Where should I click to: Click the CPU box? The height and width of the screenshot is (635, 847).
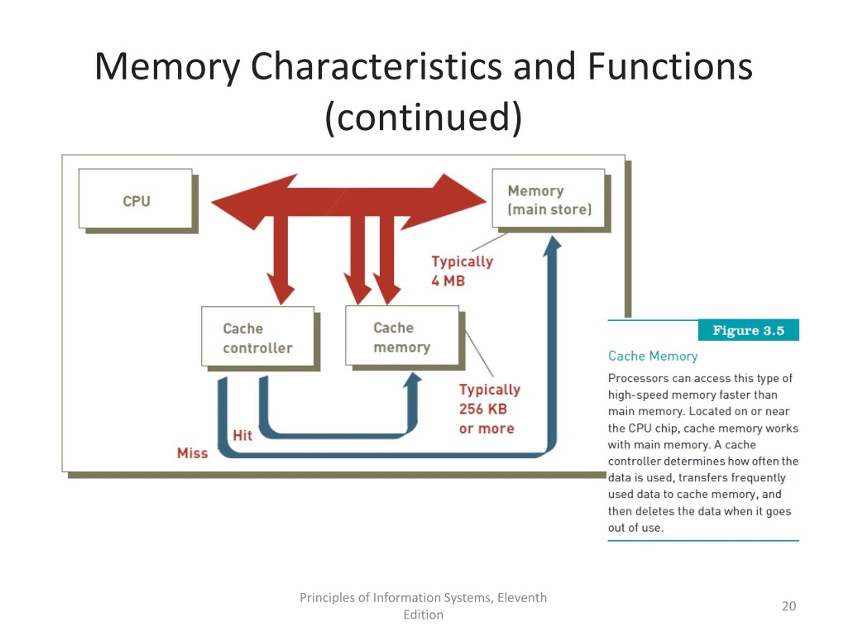pyautogui.click(x=136, y=198)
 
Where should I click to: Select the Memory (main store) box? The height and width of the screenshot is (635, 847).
pyautogui.click(x=548, y=198)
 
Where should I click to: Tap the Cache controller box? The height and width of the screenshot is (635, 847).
pyautogui.click(x=258, y=336)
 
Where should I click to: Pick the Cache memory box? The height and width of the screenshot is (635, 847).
pyautogui.click(x=402, y=335)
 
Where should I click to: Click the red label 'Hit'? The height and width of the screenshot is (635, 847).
pyautogui.click(x=243, y=435)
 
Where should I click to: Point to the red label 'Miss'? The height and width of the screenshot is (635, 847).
pyautogui.click(x=192, y=453)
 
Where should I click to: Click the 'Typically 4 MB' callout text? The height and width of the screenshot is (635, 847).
pyautogui.click(x=462, y=271)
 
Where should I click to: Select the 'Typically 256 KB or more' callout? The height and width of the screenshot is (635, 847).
pyautogui.click(x=490, y=409)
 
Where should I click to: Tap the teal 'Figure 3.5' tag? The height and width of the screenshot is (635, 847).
pyautogui.click(x=748, y=330)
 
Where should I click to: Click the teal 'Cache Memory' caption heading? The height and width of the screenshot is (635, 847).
pyautogui.click(x=653, y=356)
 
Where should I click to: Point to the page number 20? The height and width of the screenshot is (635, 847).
pyautogui.click(x=789, y=606)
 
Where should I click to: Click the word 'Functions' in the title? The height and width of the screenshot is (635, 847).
pyautogui.click(x=670, y=67)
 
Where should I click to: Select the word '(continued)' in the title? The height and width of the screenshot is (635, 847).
pyautogui.click(x=423, y=117)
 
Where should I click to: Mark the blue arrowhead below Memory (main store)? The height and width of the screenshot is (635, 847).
pyautogui.click(x=553, y=246)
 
